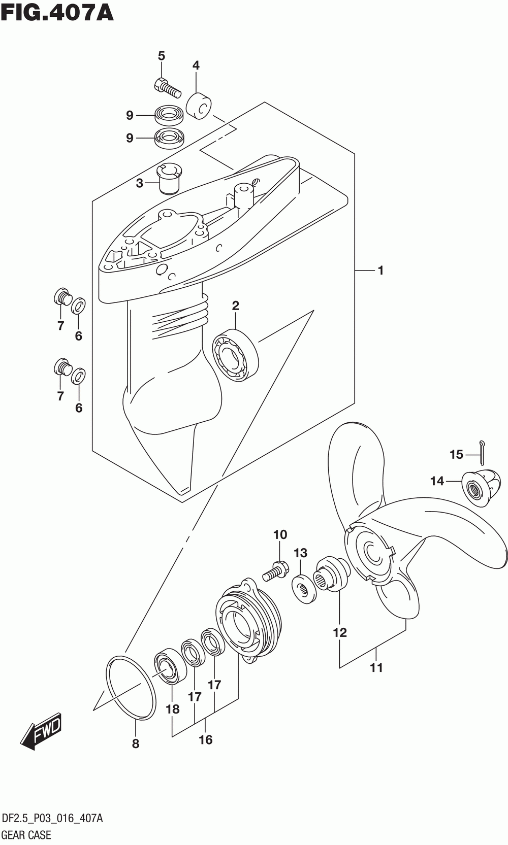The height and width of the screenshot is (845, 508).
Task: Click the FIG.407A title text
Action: pos(57,13)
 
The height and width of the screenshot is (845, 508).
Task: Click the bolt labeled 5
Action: pos(167,87)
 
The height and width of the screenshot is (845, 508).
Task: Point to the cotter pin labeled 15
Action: pos(482,452)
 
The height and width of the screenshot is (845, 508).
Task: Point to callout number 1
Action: pos(380,271)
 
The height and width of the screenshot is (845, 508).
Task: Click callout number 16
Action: pos(205,739)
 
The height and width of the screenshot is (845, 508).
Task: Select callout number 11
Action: pos(376,667)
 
